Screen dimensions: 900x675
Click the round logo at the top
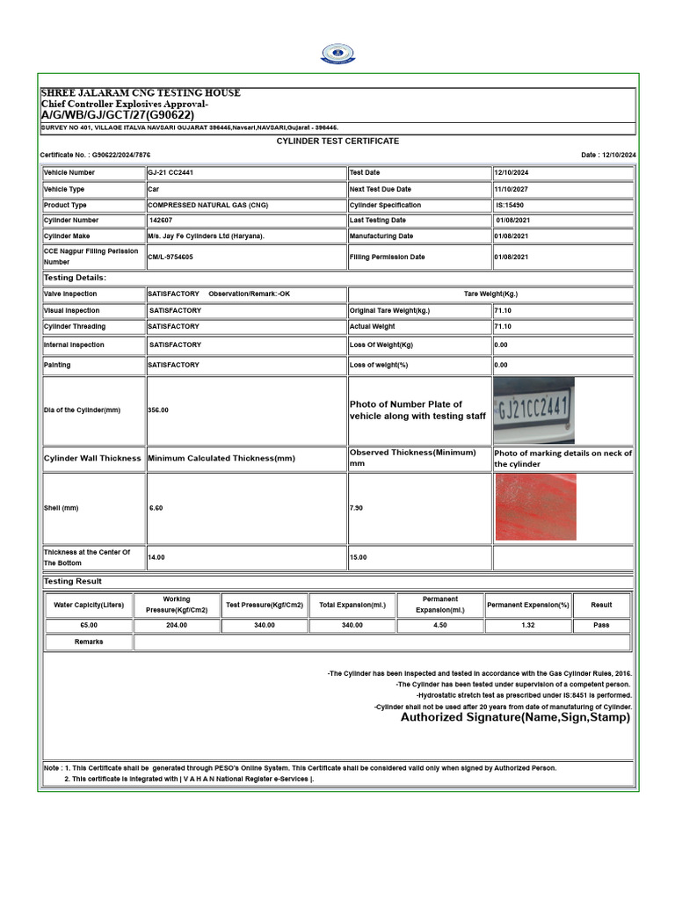[x=337, y=54]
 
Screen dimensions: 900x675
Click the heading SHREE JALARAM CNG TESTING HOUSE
[x=140, y=93]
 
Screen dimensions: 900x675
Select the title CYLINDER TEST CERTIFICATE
[x=337, y=141]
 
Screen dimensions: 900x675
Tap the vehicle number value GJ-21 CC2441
[x=171, y=173]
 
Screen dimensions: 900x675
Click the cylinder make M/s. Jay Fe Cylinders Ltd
[x=206, y=236]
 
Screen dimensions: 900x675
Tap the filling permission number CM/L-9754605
[x=171, y=257]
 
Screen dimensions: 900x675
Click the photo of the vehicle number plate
[x=533, y=410]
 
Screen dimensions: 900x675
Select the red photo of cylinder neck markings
[x=535, y=507]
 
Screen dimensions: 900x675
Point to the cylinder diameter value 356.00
[x=158, y=410]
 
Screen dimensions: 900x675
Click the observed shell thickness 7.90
[x=358, y=508]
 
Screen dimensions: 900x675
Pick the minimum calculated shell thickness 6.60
[x=156, y=508]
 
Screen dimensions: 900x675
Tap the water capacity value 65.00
[x=88, y=625]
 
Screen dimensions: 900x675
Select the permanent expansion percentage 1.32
[x=527, y=625]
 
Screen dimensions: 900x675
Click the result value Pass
[x=601, y=625]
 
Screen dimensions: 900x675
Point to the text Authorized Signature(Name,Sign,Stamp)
[x=515, y=717]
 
